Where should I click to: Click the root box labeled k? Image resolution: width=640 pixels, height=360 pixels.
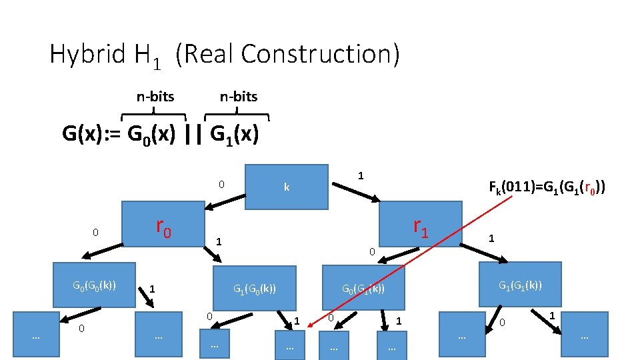(287, 187)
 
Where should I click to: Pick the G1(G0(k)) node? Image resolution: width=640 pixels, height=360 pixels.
(254, 289)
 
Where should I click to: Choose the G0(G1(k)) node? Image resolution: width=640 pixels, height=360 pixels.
(363, 289)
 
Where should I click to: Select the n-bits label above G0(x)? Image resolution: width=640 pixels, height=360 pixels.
(155, 97)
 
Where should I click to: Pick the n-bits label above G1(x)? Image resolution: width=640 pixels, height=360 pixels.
(239, 97)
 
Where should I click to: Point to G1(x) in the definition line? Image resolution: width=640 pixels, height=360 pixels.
(233, 135)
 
